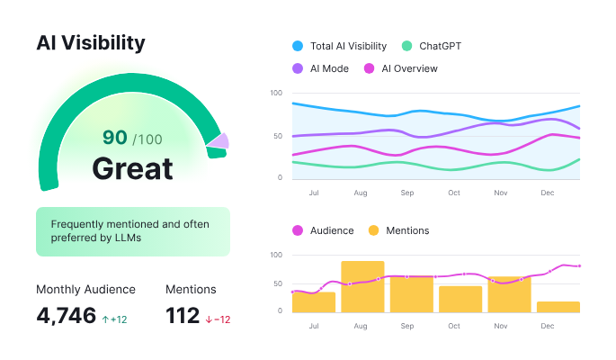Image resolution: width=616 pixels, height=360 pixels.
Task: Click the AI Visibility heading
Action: (90, 42)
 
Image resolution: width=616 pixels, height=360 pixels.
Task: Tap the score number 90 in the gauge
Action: (114, 137)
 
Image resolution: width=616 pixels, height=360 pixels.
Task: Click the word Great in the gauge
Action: (132, 168)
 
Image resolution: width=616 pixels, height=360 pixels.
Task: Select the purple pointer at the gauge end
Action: (219, 141)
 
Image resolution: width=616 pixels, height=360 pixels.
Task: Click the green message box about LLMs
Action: (132, 231)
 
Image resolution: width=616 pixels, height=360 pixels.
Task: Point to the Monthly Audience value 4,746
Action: (66, 315)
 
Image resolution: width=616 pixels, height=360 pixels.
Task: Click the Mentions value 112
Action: (183, 315)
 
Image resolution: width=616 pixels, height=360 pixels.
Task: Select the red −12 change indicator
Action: (218, 319)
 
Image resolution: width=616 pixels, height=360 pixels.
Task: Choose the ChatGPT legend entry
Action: (433, 46)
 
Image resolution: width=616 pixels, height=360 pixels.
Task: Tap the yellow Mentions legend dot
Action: (373, 230)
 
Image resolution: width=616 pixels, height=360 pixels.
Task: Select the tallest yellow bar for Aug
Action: (362, 286)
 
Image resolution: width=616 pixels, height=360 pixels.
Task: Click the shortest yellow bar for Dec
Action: (558, 306)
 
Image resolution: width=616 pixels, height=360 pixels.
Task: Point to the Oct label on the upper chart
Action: (454, 193)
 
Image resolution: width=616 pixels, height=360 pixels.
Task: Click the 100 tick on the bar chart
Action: (276, 256)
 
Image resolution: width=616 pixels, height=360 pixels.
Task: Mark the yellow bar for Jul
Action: (314, 301)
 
